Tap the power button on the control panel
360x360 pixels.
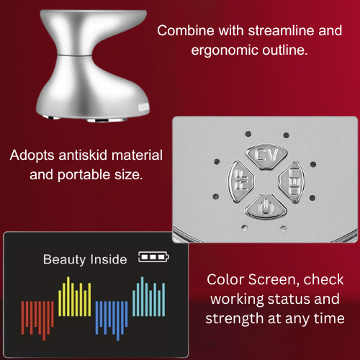(x=266, y=207)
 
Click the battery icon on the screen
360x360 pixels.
(x=153, y=257)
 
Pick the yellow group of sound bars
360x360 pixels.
(x=75, y=297)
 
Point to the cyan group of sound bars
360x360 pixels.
(x=149, y=297)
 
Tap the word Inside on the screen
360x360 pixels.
(x=109, y=259)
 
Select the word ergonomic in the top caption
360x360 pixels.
(x=225, y=50)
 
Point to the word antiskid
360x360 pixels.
(x=83, y=155)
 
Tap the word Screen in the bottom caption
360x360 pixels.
(x=274, y=279)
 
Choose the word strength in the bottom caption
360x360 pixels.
(x=235, y=318)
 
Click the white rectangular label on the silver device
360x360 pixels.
(x=143, y=107)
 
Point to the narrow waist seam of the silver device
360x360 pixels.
(x=74, y=55)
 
